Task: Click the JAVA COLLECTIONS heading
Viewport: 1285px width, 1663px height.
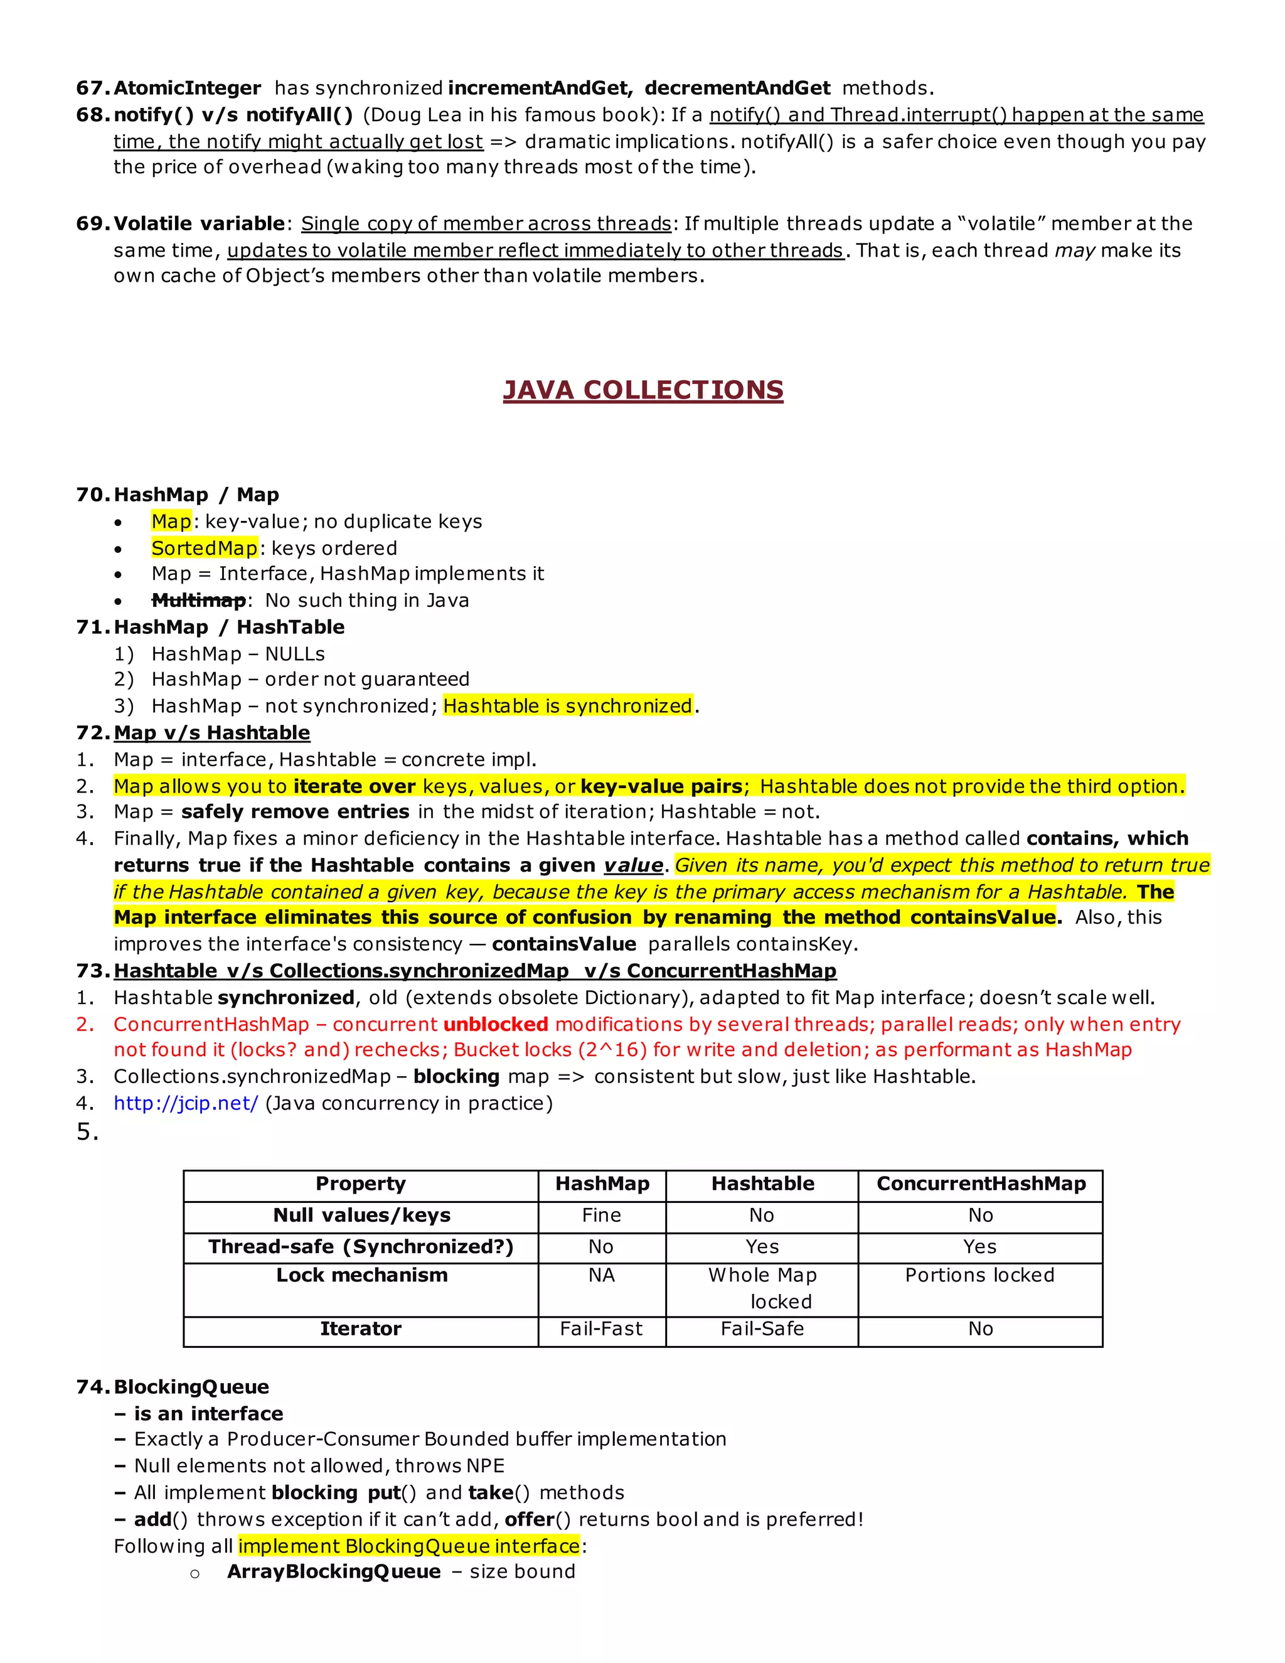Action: [642, 390]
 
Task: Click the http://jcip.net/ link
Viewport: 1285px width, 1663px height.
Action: [186, 1103]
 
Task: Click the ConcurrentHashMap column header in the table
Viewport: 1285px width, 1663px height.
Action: [981, 1184]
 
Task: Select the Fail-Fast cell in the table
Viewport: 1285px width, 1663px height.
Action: [600, 1328]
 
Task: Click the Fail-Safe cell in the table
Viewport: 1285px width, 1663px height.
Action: [762, 1328]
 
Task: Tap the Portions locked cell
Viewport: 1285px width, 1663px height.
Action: [979, 1275]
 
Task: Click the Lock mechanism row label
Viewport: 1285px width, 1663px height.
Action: [361, 1275]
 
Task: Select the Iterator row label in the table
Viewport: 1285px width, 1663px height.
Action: [360, 1328]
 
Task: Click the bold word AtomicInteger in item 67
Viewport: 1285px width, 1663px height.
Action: [187, 88]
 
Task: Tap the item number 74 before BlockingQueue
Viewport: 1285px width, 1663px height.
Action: [92, 1387]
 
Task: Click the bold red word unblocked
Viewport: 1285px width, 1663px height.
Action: [496, 1024]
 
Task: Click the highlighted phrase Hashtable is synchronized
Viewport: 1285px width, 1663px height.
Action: [567, 706]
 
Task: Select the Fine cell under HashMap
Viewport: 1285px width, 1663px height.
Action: [600, 1216]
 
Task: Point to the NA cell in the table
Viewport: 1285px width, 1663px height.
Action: [600, 1275]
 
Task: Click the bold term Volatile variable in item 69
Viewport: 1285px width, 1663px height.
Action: [199, 223]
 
